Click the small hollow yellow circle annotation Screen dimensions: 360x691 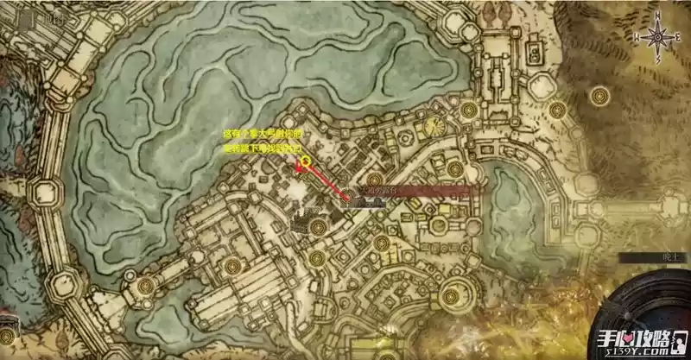point(305,161)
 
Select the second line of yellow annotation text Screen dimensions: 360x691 point(259,149)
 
